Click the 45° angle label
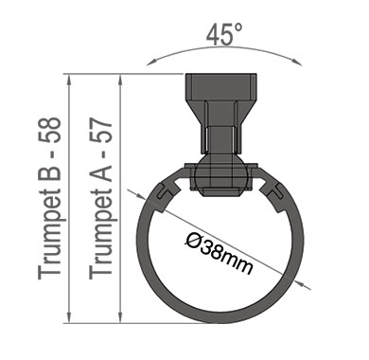pos(224,34)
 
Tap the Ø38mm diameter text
pos(219,253)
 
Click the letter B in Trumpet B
pos(49,173)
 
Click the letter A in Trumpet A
pos(100,173)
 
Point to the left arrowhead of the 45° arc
pos(151,63)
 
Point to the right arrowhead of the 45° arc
pos(297,62)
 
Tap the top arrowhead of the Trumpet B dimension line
pos(69,80)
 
